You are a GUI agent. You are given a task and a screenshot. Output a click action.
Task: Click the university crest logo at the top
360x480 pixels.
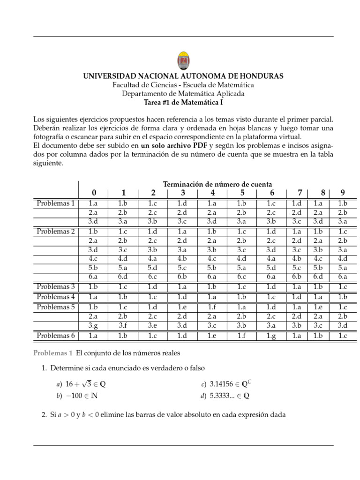pyautogui.click(x=183, y=60)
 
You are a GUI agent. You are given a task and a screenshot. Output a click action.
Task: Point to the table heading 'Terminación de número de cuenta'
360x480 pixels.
pyautogui.click(x=217, y=184)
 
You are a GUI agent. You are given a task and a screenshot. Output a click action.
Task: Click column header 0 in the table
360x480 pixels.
pyautogui.click(x=94, y=193)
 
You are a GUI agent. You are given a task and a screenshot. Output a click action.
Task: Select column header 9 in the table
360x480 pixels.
pyautogui.click(x=343, y=193)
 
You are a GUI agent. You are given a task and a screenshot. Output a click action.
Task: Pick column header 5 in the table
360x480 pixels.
pyautogui.click(x=242, y=193)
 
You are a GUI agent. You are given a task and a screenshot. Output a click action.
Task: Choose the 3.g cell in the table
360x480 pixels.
pyautogui.click(x=93, y=325)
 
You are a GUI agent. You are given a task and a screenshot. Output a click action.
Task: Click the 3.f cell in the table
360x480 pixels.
pyautogui.click(x=123, y=325)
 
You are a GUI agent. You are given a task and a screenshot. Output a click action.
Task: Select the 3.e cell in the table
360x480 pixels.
pyautogui.click(x=153, y=325)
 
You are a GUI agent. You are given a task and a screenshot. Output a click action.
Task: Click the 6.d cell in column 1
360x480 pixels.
pyautogui.click(x=123, y=277)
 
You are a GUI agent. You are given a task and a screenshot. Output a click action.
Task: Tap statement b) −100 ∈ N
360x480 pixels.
pyautogui.click(x=77, y=396)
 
